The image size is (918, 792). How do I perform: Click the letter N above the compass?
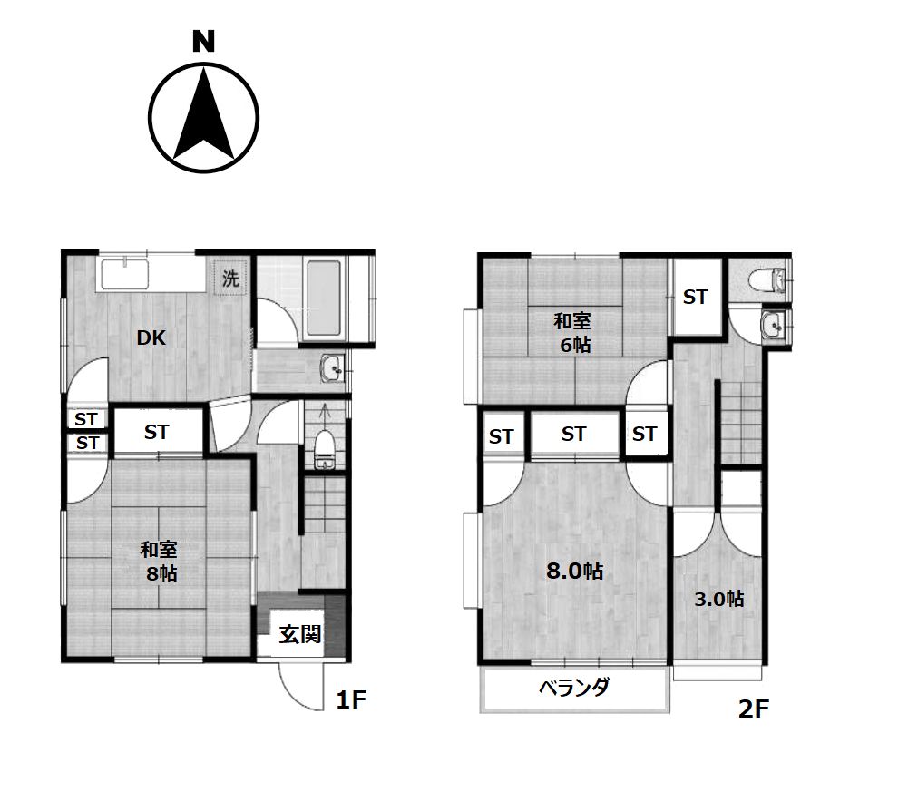pos(204,42)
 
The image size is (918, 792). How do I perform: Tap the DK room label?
pos(151,337)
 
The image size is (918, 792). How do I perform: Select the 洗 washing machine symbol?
pos(230,278)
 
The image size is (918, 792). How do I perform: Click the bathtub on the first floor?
pos(323,298)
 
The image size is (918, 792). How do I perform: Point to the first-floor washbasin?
pos(333,368)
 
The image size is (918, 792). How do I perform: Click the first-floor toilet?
pos(323,450)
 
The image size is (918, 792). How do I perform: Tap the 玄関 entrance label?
pos(299,634)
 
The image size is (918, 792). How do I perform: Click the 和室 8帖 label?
pos(160,562)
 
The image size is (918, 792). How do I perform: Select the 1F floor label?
pos(351,699)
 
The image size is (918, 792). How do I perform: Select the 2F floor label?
pos(753,709)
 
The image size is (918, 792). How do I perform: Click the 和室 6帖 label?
pos(572,332)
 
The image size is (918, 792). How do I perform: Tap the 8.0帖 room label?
pos(574,570)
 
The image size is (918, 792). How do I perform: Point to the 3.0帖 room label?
pos(719,599)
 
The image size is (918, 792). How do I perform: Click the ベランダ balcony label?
pos(573,688)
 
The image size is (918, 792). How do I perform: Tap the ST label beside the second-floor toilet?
pos(696,297)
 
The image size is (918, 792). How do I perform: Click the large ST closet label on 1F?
pos(156,432)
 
